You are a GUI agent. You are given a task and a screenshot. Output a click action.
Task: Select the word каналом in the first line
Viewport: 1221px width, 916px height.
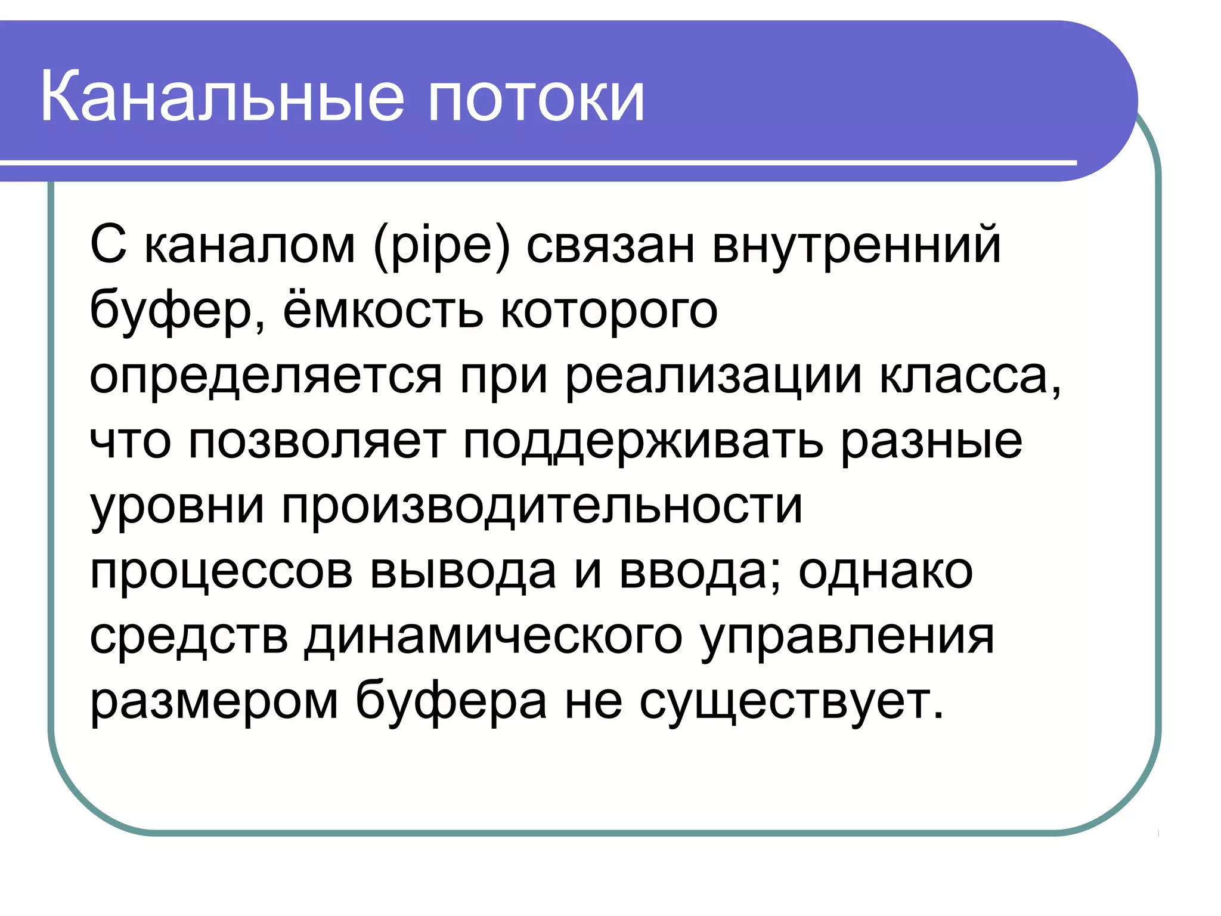(x=250, y=246)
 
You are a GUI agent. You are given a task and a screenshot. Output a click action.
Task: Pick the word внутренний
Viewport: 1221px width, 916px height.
(x=857, y=246)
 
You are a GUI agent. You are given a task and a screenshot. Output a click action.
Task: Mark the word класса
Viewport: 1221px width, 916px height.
(x=969, y=377)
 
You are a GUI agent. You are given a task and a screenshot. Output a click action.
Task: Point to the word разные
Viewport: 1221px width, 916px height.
(x=931, y=443)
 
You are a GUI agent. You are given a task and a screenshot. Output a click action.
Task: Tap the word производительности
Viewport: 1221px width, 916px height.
(x=542, y=507)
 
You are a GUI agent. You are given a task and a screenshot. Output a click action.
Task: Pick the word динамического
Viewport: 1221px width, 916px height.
(x=493, y=638)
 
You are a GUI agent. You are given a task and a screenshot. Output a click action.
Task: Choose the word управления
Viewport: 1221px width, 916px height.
(x=847, y=638)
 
